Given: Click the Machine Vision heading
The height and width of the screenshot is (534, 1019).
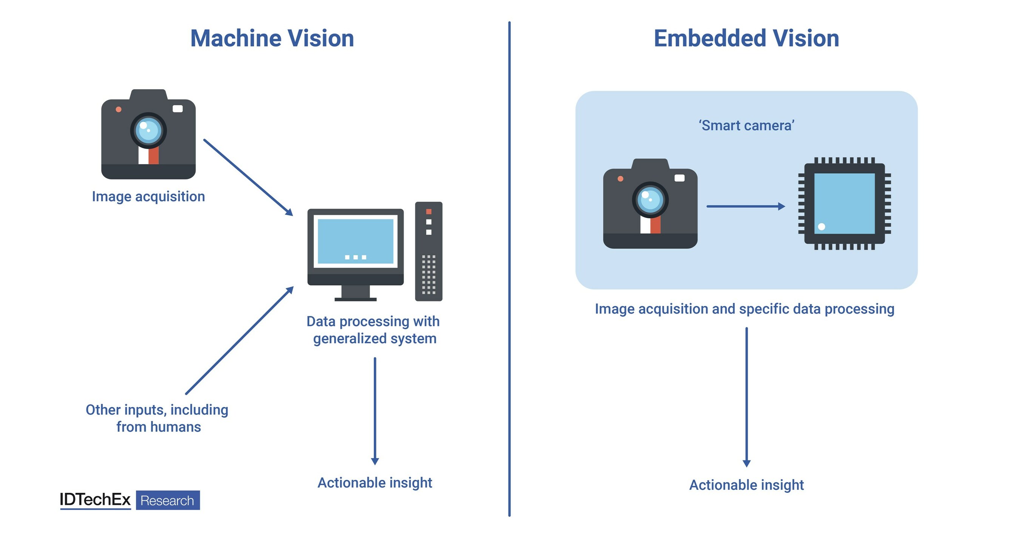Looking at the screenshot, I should [272, 39].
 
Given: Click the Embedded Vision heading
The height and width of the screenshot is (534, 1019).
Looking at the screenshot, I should [746, 39].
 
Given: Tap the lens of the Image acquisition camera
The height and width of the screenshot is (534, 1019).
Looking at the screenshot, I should [148, 130].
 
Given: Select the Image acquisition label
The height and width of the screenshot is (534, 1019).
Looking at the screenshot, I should [148, 197].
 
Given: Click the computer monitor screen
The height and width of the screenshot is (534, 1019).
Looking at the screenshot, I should [355, 241].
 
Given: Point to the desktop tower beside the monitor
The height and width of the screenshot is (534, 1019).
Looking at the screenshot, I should [429, 251].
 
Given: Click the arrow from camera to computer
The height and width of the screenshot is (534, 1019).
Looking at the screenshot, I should [248, 177].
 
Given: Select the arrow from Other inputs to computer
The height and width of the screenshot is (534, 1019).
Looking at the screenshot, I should [240, 340].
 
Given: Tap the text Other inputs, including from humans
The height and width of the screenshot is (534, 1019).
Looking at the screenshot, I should [157, 418].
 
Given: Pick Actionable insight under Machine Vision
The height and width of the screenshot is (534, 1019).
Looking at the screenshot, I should [375, 483].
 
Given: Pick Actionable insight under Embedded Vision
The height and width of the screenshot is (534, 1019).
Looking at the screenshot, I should [746, 485].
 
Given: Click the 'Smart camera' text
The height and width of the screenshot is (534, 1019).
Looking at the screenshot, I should [746, 125].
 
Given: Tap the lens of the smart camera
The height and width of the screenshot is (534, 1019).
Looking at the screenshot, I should [650, 200].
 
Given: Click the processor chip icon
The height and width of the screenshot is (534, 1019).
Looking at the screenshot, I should [844, 203].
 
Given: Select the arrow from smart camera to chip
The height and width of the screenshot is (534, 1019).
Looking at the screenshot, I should [745, 206].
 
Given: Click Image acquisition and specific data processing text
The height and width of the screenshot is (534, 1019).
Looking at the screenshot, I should [745, 309].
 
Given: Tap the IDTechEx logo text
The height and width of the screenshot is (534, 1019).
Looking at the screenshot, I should [95, 500].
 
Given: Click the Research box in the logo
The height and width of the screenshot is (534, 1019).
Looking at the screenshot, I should [168, 500].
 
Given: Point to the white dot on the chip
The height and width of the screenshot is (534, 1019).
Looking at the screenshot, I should [821, 227].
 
